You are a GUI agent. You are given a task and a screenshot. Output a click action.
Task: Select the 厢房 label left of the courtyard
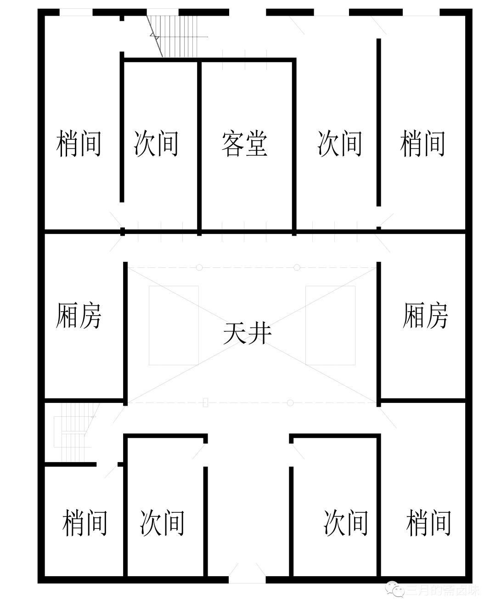79,315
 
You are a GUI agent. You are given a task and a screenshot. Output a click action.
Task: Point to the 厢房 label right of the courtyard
425,315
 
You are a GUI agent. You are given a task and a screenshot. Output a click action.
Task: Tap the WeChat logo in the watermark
395,589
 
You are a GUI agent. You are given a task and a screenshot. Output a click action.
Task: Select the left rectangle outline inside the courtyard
174,325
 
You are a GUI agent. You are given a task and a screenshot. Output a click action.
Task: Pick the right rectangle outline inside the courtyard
330,325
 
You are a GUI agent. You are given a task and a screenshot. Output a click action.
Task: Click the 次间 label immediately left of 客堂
156,143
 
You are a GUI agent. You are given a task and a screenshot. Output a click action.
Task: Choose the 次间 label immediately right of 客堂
339,143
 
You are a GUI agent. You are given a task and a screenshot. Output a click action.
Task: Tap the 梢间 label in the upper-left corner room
79,143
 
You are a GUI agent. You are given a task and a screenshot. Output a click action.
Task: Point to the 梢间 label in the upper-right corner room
423,143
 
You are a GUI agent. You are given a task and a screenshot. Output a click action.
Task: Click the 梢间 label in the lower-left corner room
85,522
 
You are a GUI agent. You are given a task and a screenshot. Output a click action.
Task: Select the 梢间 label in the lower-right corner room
428,522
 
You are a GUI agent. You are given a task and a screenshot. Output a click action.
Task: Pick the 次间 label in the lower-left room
162,522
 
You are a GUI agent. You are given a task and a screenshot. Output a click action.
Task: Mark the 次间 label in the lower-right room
346,522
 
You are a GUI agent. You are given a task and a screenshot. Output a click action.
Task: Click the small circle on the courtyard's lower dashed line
290,403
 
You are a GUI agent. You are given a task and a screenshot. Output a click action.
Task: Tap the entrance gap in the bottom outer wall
247,580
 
